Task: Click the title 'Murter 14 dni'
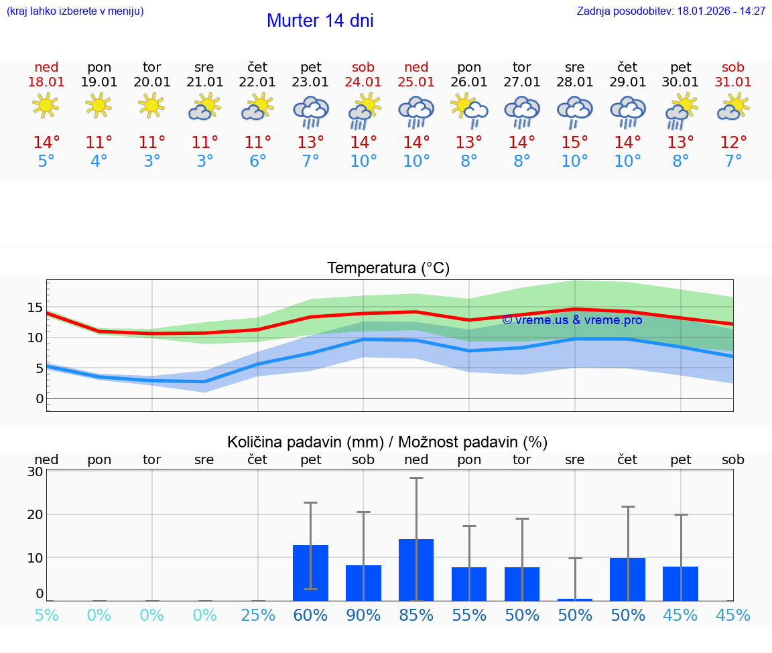pos(320,21)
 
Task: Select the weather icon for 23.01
pos(310,111)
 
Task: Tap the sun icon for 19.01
pos(99,105)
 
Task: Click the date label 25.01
pos(416,82)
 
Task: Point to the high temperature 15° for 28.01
pos(574,143)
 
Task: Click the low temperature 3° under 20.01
pos(152,161)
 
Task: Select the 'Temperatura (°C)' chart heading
pos(388,269)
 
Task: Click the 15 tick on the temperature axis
pos(35,307)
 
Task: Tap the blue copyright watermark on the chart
pos(572,320)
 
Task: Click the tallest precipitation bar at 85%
pos(416,569)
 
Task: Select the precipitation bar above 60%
pos(310,573)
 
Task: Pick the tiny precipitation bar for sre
pos(575,599)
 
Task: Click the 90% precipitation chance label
pos(363,615)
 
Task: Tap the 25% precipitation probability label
pos(258,615)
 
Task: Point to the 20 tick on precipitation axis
pos(35,514)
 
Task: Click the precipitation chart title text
pos(387,442)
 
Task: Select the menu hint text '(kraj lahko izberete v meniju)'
pos(74,11)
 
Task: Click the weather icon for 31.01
pos(733,106)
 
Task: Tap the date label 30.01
pos(680,82)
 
